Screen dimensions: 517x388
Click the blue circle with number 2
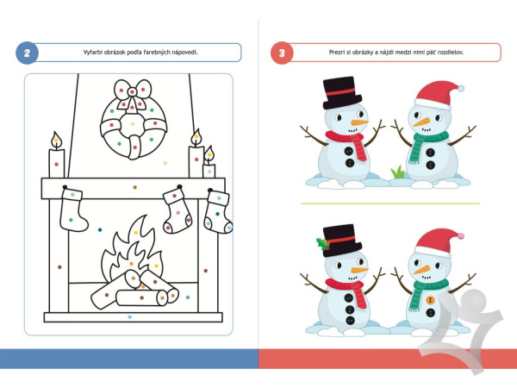(x=27, y=53)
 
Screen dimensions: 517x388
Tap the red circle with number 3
(x=282, y=53)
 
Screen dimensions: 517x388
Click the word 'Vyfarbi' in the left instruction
(x=93, y=52)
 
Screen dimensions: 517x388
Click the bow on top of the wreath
(x=133, y=94)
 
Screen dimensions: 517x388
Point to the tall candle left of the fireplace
(x=57, y=156)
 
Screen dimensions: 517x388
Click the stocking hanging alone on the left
(x=73, y=210)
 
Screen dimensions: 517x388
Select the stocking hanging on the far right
(x=218, y=212)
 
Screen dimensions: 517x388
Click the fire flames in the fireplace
(x=132, y=251)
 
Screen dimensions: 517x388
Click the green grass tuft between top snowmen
(x=398, y=172)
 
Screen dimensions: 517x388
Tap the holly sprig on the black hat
(x=323, y=245)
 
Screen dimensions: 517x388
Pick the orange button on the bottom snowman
(x=430, y=300)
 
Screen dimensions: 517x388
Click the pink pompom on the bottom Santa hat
(x=461, y=236)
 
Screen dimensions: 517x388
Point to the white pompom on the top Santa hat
(x=461, y=89)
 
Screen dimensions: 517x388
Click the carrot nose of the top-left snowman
(x=359, y=122)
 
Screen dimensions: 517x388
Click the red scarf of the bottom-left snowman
(x=348, y=288)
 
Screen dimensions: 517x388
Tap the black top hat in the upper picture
(x=341, y=93)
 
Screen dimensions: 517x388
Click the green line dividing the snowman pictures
(x=390, y=203)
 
